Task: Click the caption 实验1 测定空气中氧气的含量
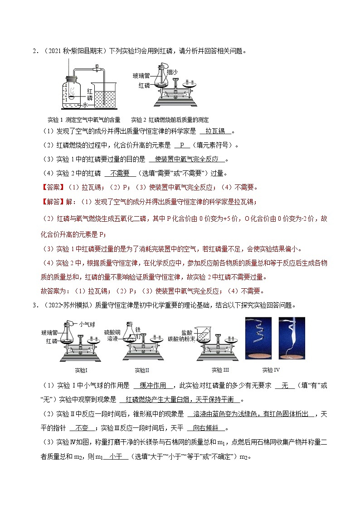click(84, 120)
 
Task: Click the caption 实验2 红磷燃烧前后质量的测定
click(170, 120)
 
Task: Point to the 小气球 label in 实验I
click(86, 324)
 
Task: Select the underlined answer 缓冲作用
click(153, 386)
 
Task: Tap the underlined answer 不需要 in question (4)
click(120, 173)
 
